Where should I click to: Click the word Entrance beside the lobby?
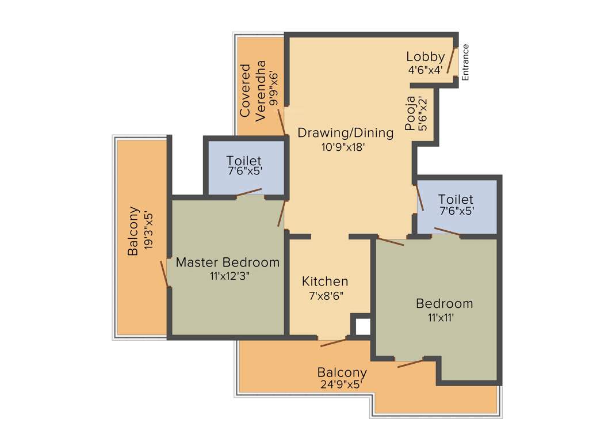[466, 62]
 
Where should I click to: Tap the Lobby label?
[425, 56]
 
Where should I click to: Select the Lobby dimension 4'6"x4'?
[425, 69]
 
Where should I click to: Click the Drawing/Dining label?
[345, 133]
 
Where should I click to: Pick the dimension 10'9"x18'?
[344, 147]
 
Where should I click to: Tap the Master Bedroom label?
[227, 262]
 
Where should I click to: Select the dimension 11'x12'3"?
[230, 276]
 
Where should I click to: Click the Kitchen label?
[325, 281]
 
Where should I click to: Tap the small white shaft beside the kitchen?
[362, 326]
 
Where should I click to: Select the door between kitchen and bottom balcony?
[334, 342]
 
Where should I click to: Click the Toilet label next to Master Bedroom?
[243, 161]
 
